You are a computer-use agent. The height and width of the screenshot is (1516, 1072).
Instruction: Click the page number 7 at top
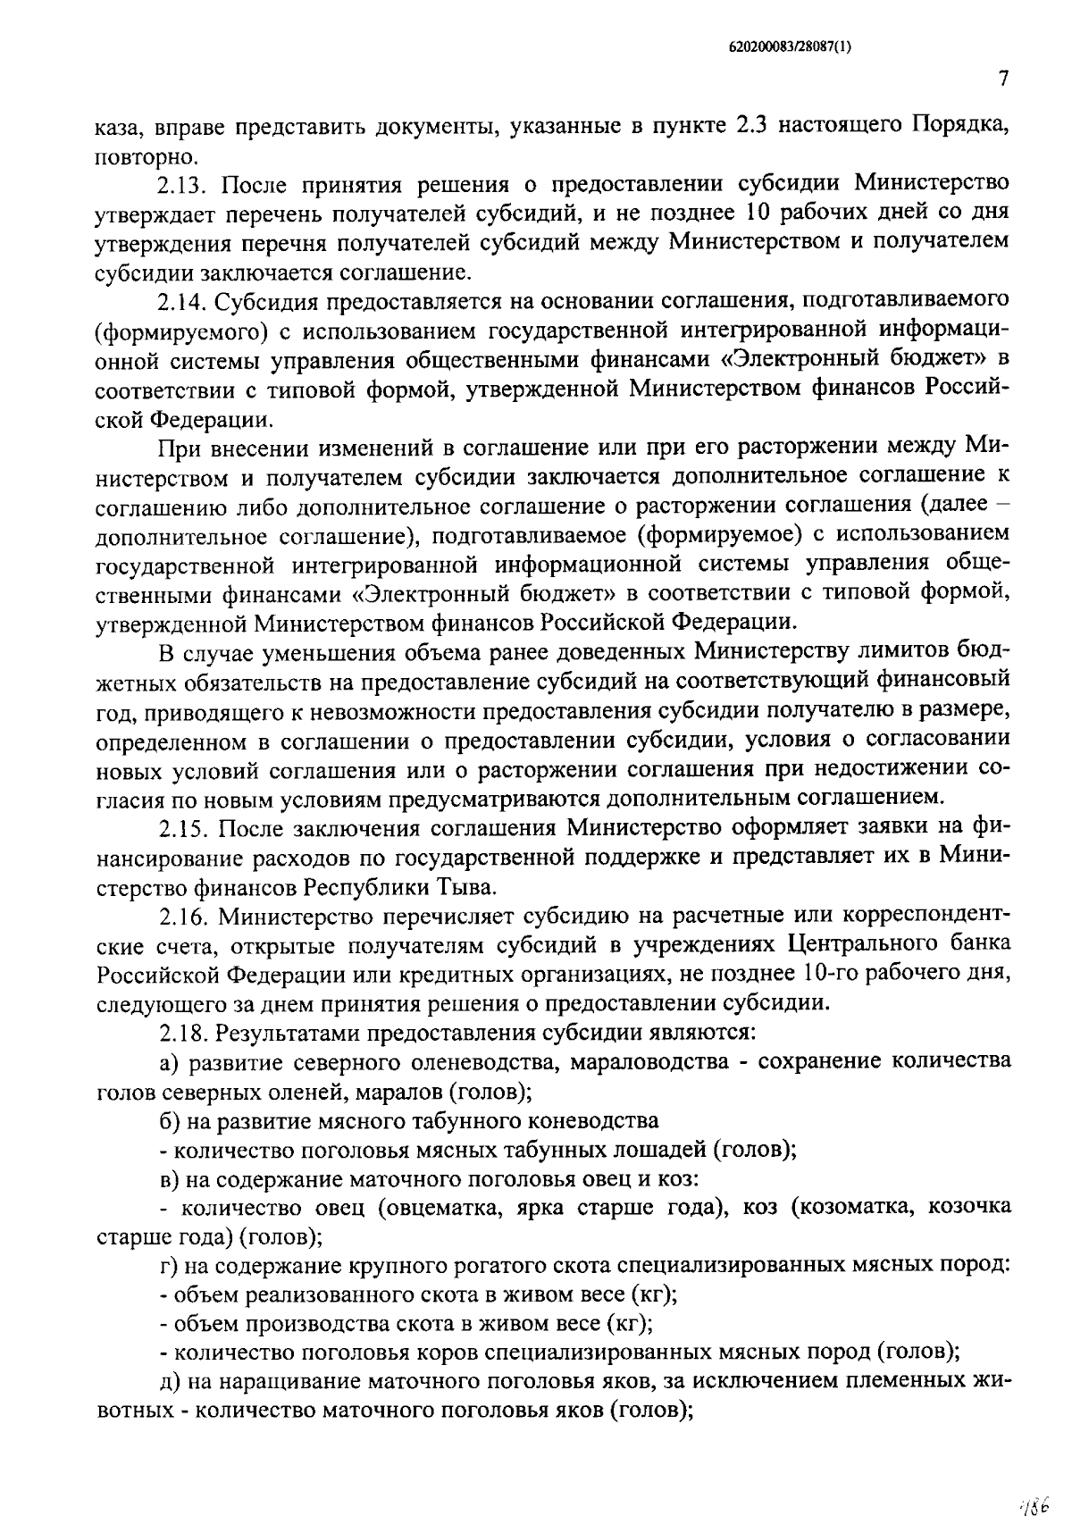[1003, 80]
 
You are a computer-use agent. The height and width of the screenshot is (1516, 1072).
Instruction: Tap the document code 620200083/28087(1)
[786, 50]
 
